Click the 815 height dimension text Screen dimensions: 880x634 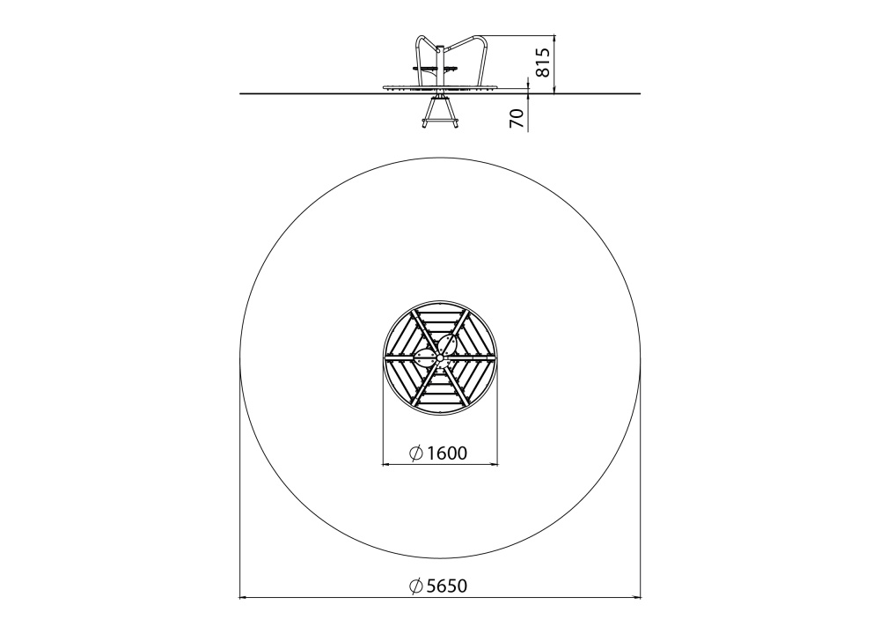coord(541,63)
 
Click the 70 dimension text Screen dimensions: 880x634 coord(517,118)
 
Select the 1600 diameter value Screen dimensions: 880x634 coord(447,453)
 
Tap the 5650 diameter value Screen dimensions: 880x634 coord(447,586)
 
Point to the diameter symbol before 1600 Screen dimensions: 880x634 coord(416,453)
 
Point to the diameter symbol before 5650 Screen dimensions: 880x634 coord(416,586)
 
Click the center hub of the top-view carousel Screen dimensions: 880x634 coord(440,358)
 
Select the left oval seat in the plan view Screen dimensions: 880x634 coord(424,358)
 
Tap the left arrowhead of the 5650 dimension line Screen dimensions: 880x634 coord(243,598)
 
